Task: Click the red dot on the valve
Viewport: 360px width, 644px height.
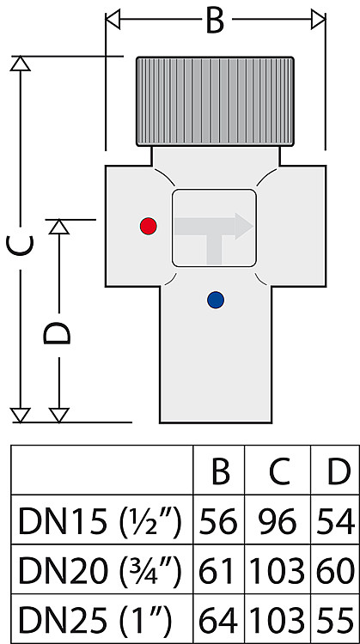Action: (x=148, y=226)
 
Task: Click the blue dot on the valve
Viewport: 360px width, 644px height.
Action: (x=216, y=301)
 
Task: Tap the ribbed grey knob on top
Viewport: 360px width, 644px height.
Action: (x=215, y=101)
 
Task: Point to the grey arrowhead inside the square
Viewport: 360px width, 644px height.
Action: (x=244, y=226)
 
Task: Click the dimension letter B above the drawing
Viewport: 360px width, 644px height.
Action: (x=215, y=21)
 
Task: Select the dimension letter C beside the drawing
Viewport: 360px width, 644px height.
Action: (x=20, y=246)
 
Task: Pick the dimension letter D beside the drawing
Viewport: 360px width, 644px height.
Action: (x=57, y=333)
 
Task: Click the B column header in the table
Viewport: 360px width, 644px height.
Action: (x=220, y=473)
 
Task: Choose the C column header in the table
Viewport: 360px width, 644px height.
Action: (x=279, y=473)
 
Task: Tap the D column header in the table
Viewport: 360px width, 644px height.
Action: (x=339, y=473)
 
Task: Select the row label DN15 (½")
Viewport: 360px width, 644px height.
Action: (x=100, y=522)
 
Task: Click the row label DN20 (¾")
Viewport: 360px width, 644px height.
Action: (x=100, y=572)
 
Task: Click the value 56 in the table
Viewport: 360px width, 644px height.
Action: (x=218, y=522)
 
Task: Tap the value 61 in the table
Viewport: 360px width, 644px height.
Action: (x=217, y=572)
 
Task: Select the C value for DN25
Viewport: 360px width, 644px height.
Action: (x=278, y=621)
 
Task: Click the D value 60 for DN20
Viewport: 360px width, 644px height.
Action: (x=335, y=572)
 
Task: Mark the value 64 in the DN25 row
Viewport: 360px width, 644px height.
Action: (x=218, y=621)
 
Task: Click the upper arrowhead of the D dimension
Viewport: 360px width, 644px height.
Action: (x=58, y=228)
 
